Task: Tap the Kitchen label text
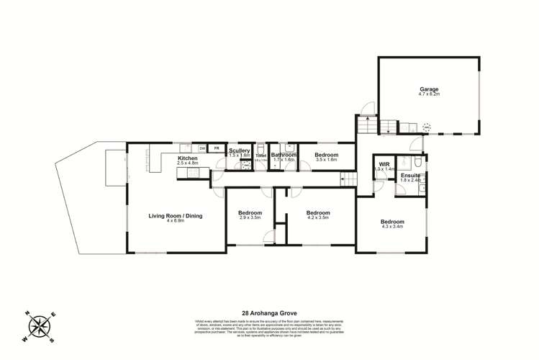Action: (x=187, y=158)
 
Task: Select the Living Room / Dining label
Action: (x=176, y=215)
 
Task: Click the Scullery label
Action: (x=239, y=150)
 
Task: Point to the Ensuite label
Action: (x=410, y=176)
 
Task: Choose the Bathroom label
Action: (x=284, y=154)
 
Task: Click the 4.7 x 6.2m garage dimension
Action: (x=428, y=94)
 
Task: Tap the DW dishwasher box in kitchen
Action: (x=202, y=148)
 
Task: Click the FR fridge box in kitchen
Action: (x=215, y=148)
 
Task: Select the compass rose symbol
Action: (x=40, y=326)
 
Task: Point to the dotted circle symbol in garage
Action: (x=427, y=128)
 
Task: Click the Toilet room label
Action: (x=261, y=156)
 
